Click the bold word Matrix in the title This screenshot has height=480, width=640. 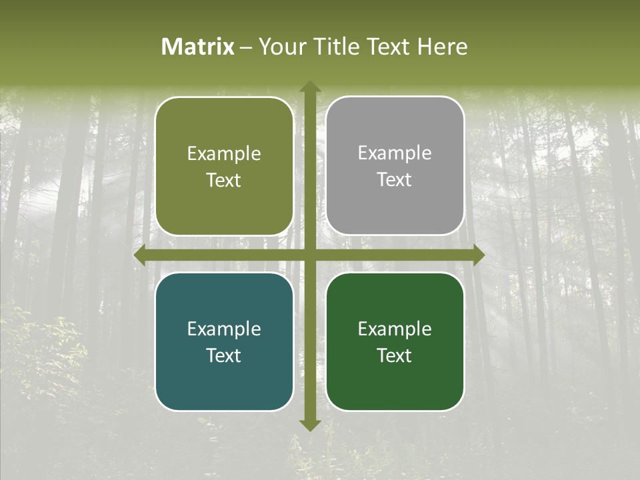click(198, 47)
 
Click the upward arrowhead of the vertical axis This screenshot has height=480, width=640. click(309, 87)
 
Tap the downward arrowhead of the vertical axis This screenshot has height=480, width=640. click(309, 425)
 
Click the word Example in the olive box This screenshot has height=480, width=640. click(224, 154)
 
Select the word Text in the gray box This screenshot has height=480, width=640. click(395, 180)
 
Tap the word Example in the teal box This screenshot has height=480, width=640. click(224, 329)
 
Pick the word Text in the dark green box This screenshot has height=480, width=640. click(395, 356)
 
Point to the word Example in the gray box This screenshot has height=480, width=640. click(395, 153)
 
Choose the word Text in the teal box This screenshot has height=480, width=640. click(224, 356)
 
